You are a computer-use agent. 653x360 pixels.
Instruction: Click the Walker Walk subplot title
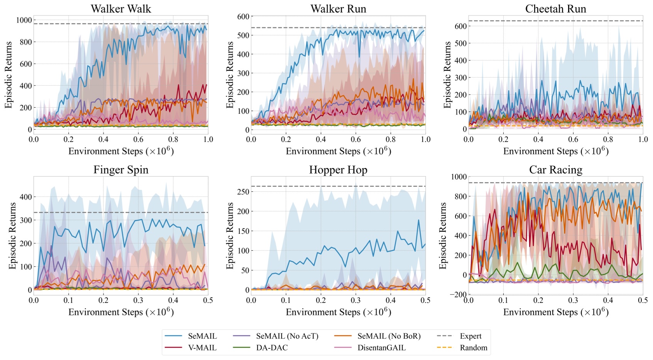(121, 9)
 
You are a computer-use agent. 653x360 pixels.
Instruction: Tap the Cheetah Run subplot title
(555, 9)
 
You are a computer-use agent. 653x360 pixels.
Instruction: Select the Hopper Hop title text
(338, 170)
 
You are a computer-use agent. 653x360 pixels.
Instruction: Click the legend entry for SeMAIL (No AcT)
(287, 336)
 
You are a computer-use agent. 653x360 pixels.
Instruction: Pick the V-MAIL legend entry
(202, 348)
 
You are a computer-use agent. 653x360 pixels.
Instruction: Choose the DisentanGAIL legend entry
(381, 348)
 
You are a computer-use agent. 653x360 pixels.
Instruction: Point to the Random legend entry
(473, 348)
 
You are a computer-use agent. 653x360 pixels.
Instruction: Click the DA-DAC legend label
(272, 348)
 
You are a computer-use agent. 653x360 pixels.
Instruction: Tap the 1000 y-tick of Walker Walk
(24, 20)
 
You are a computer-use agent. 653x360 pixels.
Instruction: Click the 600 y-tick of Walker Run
(243, 17)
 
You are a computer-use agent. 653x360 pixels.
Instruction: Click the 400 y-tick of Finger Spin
(26, 197)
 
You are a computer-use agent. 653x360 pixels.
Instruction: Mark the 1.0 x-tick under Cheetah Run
(643, 139)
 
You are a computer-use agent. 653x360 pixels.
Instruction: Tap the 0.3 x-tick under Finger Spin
(138, 300)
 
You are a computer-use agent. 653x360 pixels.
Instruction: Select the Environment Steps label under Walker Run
(338, 151)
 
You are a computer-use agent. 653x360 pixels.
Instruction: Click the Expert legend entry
(470, 336)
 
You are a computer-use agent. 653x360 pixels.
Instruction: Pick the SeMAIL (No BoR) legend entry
(388, 336)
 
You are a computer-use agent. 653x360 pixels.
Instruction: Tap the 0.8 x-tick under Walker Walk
(173, 139)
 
